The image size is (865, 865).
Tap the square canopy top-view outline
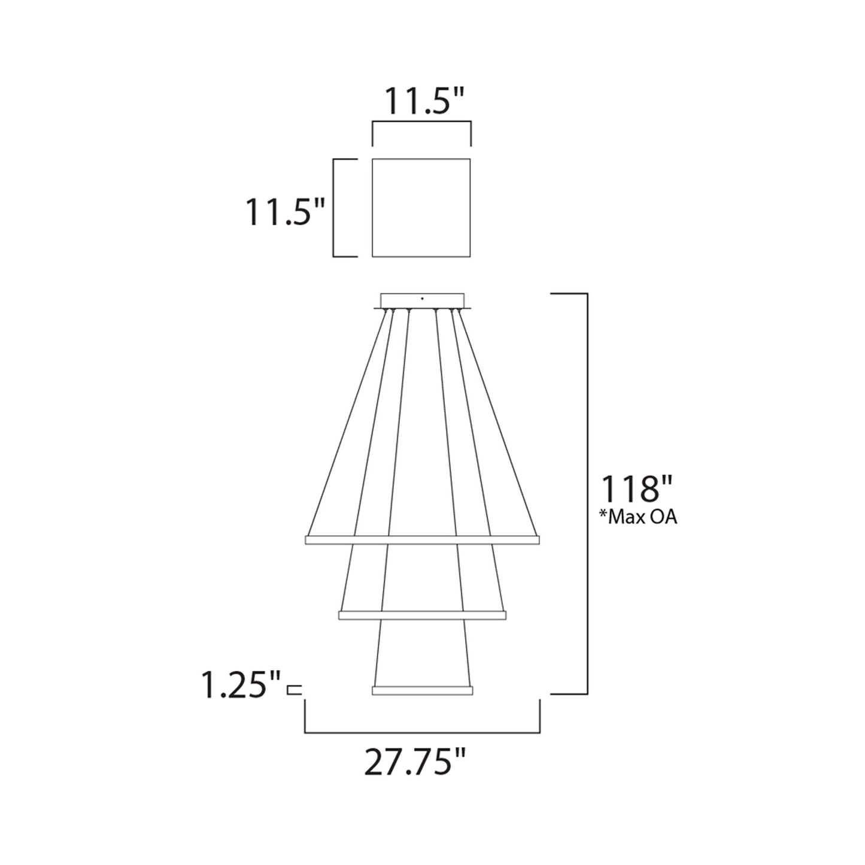(x=421, y=208)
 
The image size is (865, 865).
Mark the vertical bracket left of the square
(x=335, y=208)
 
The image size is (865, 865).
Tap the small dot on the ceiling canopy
(x=423, y=298)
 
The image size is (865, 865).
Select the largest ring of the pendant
(x=422, y=540)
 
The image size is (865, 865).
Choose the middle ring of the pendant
(x=422, y=615)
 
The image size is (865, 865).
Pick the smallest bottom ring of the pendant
(x=422, y=690)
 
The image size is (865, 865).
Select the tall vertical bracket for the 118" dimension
(x=587, y=494)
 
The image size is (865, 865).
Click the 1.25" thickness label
(x=241, y=686)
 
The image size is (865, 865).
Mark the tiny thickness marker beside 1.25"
(x=294, y=690)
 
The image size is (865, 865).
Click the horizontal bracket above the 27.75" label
(x=423, y=732)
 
